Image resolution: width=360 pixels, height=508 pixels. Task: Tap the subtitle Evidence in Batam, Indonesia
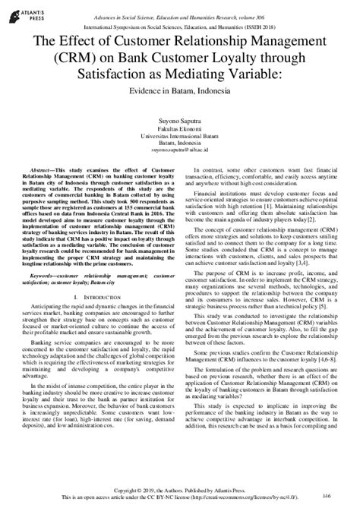(x=180, y=90)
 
